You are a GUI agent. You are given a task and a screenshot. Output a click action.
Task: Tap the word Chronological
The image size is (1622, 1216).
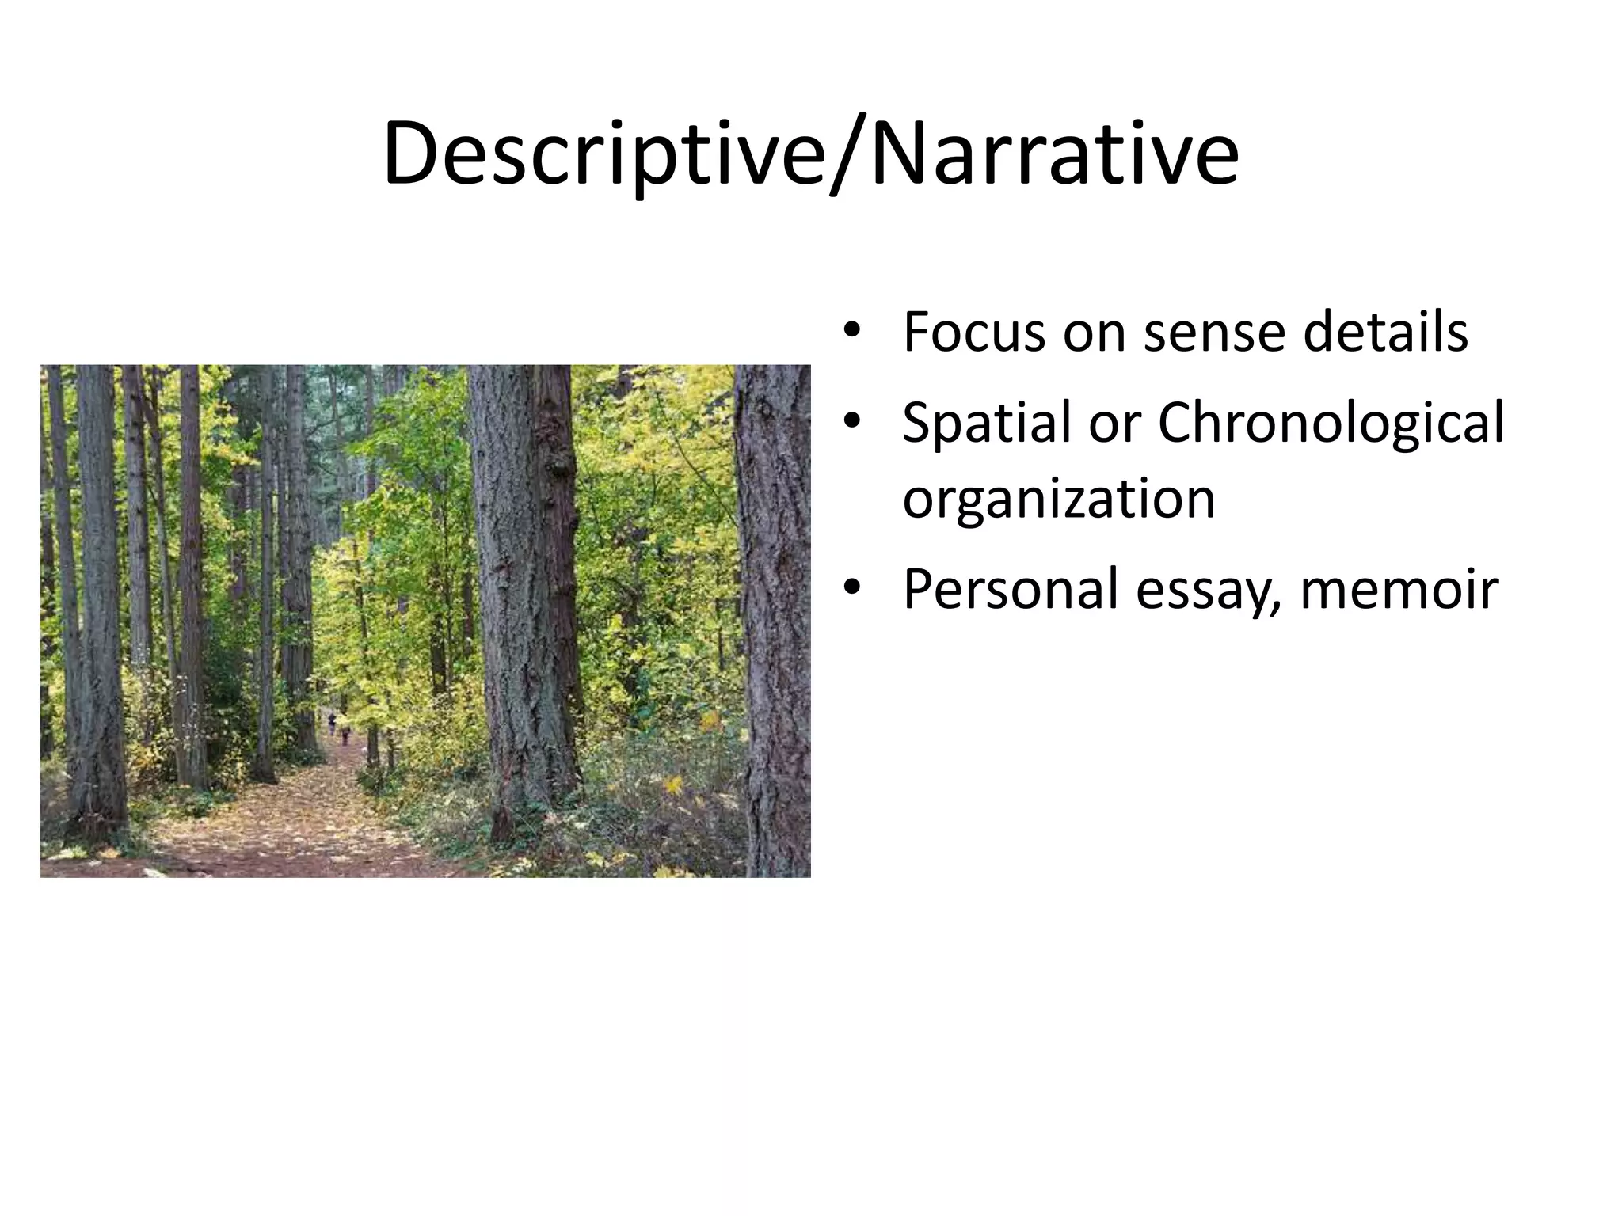[x=1331, y=424]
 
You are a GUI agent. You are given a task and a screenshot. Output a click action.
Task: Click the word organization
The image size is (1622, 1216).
[x=1059, y=500]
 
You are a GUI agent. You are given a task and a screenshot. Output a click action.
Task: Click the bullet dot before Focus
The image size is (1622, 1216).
[x=851, y=332]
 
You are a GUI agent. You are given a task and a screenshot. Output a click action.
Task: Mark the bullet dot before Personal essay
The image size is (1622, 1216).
[x=851, y=589]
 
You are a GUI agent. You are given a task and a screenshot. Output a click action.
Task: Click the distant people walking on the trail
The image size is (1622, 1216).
[x=337, y=727]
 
